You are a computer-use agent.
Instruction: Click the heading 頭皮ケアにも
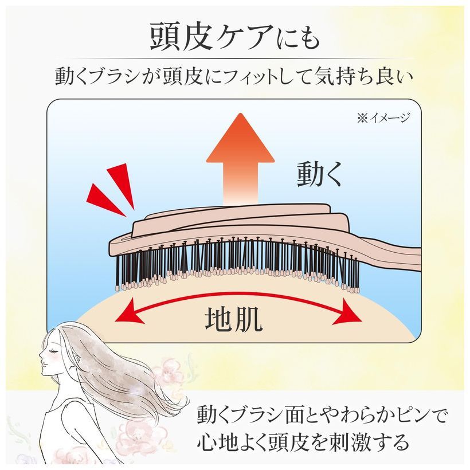(235, 37)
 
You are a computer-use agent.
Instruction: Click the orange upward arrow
(240, 159)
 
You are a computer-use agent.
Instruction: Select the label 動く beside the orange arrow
(319, 173)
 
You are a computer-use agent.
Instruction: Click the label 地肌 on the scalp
(233, 319)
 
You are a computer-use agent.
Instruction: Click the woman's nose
(41, 355)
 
